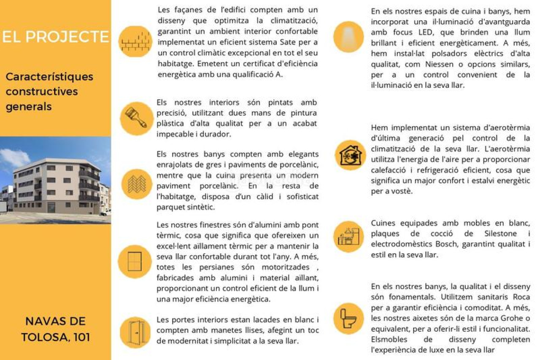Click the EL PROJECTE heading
tap(55, 37)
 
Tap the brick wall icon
tap(135, 41)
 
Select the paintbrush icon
tap(136, 118)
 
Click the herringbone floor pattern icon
tap(136, 184)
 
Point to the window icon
tap(135, 261)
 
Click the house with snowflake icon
tap(350, 155)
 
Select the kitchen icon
tap(348, 237)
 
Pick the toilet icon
tap(348, 318)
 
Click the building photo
tap(55, 180)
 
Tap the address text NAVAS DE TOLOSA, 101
tap(55, 329)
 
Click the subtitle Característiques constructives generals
tap(49, 92)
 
